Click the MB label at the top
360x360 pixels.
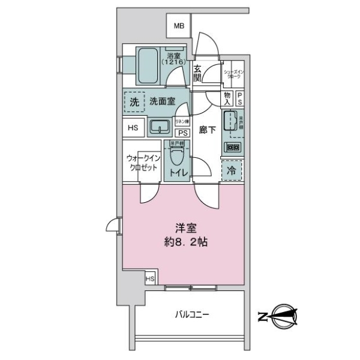178,25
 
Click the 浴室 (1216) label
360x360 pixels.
175,59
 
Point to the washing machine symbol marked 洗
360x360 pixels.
134,102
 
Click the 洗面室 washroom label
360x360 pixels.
162,102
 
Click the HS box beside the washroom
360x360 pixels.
133,128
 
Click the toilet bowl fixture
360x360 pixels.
176,158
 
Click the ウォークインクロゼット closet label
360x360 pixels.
142,163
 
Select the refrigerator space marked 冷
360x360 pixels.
231,170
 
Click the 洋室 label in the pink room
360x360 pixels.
184,229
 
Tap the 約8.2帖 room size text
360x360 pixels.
185,244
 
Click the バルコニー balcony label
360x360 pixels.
192,314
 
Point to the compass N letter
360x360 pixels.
262,315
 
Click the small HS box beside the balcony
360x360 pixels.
150,279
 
